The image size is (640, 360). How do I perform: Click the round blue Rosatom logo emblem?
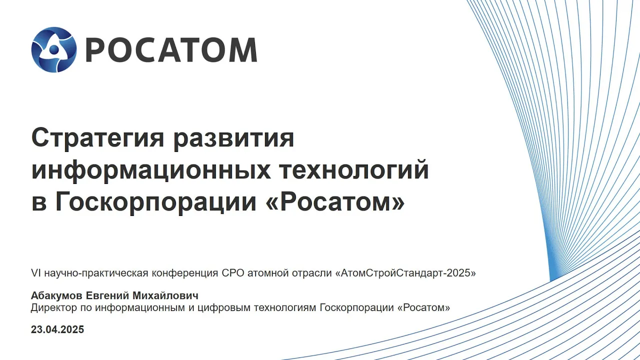coord(54,49)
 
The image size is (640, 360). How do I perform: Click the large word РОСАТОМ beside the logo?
coord(171,50)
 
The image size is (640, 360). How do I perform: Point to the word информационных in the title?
coord(151,170)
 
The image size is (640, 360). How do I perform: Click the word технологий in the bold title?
coord(353,169)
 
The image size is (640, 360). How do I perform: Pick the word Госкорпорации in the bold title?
coord(155,202)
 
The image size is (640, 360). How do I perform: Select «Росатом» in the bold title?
coord(335,201)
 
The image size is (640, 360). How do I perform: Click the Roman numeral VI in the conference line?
coord(36,273)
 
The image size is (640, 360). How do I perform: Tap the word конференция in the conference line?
coord(185,273)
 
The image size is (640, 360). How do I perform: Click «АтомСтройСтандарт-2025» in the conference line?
coord(405,273)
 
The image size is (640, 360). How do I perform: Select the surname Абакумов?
coord(56,295)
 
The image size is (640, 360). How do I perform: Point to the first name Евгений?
coord(107,295)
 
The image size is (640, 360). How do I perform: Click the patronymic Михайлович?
coord(165,295)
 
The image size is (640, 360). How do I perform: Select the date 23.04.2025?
coord(57,329)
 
